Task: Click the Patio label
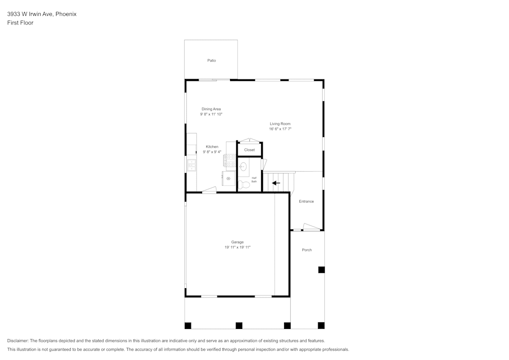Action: (211, 61)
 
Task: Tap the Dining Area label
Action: (211, 109)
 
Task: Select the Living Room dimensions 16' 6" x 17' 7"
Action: (280, 129)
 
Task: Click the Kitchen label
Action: (212, 147)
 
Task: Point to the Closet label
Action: (249, 150)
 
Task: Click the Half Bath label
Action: (254, 179)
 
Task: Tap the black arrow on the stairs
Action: (276, 183)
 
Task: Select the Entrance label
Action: (306, 202)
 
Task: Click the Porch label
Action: (306, 250)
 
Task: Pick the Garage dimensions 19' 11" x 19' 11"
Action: (238, 247)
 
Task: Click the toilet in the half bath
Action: (244, 184)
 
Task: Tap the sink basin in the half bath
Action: (243, 167)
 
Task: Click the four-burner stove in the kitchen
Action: (230, 160)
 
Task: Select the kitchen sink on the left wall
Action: (192, 164)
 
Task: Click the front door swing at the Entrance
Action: (311, 227)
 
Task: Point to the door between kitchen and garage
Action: (209, 190)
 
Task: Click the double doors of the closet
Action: (249, 141)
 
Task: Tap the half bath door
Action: (264, 164)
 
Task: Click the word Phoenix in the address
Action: (66, 14)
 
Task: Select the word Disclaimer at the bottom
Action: (17, 341)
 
